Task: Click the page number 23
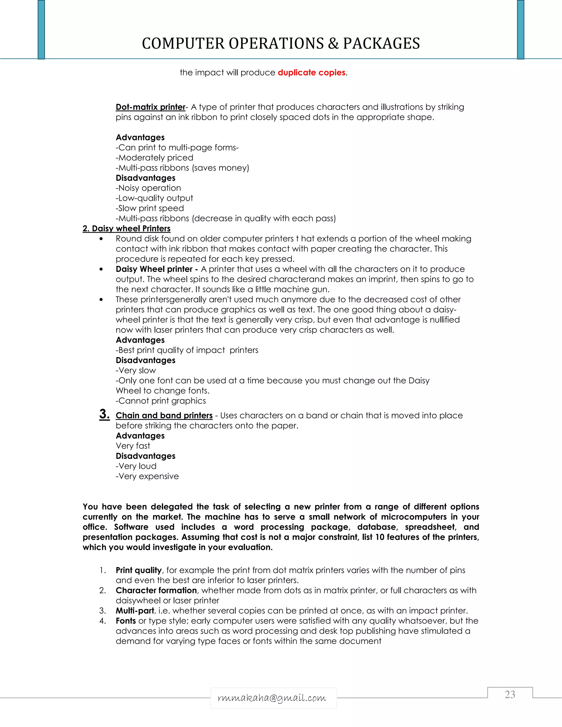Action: click(510, 694)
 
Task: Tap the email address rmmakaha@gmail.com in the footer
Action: click(272, 698)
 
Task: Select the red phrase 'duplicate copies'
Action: click(311, 73)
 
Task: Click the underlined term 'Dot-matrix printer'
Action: click(150, 107)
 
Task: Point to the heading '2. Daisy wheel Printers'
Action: click(127, 228)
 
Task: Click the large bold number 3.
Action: click(104, 414)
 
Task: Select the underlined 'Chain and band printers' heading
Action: click(164, 415)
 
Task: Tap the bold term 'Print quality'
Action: click(139, 570)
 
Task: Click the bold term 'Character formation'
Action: click(156, 591)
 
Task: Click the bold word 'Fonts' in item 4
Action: click(125, 621)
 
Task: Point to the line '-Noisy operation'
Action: click(148, 188)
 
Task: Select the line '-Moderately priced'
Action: click(154, 158)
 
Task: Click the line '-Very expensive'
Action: click(147, 476)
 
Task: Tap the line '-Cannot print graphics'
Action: click(161, 401)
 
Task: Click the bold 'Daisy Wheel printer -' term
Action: click(156, 269)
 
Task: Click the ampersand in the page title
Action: click(333, 44)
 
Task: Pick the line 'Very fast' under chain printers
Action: click(133, 446)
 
